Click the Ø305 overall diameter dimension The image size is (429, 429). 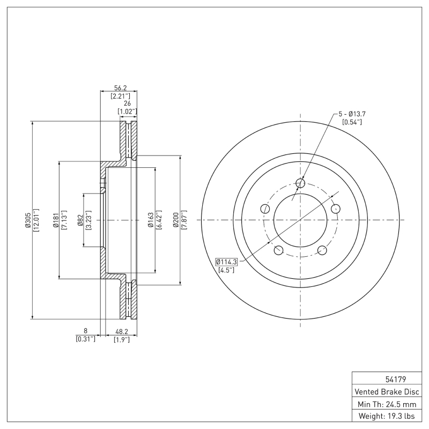coord(27,220)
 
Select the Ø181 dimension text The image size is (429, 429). coord(55,220)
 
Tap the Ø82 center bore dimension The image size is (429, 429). coord(80,220)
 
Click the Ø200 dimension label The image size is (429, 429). coord(176,220)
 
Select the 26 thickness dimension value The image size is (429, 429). coord(128,103)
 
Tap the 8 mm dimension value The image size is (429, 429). coord(85,331)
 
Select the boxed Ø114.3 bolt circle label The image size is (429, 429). coord(227,262)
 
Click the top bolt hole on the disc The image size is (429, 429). coord(300,184)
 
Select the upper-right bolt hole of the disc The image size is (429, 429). coord(336,209)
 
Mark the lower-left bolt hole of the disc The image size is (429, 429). coord(278,250)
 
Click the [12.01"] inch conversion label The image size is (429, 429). coord(36,220)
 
